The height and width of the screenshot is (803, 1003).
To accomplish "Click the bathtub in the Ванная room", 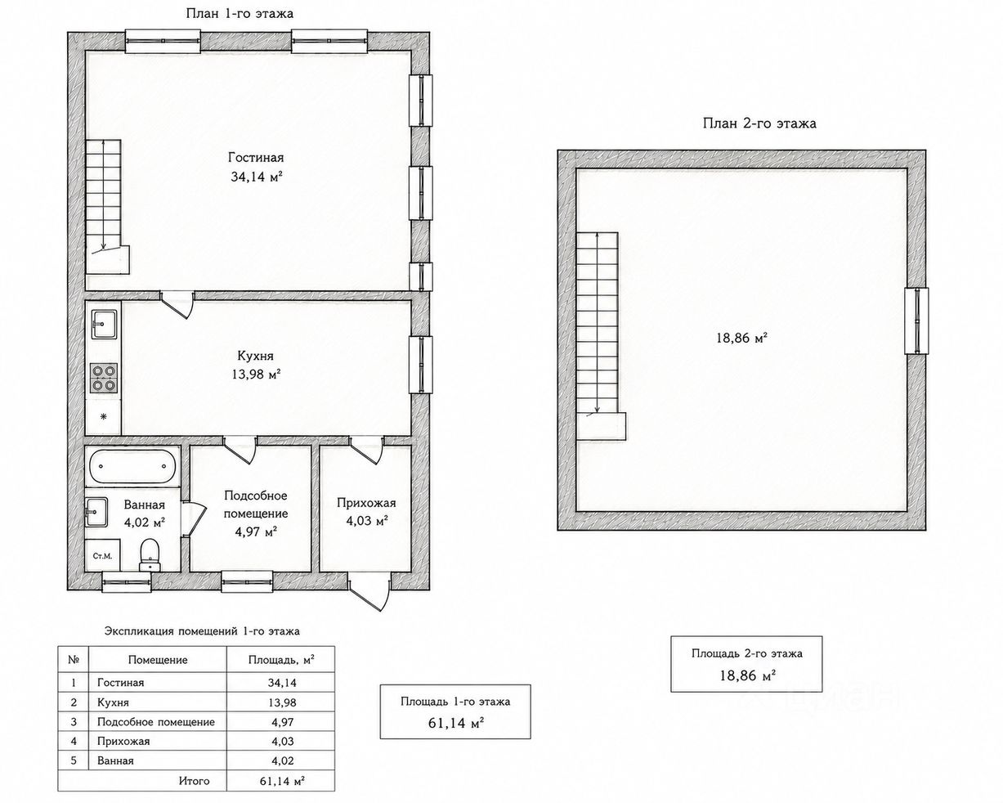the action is click(132, 466).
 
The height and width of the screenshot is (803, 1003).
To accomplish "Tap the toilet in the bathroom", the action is click(150, 554).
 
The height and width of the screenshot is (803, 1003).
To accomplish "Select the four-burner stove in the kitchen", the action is click(104, 378).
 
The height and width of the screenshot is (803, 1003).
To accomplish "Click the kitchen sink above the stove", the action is click(104, 324).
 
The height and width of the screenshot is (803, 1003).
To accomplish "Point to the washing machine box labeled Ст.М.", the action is click(102, 556).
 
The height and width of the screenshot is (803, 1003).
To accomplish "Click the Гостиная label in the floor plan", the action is click(256, 157).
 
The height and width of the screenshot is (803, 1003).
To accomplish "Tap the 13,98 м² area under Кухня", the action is click(256, 374).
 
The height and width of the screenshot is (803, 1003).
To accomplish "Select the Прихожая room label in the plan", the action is click(366, 503).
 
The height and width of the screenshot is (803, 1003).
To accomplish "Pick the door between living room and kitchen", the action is click(177, 304).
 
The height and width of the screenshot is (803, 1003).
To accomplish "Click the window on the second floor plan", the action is click(916, 321).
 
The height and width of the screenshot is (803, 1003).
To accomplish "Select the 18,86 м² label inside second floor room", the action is click(741, 338).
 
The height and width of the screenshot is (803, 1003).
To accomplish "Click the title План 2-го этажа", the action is click(759, 123).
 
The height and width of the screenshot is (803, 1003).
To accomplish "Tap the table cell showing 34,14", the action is click(282, 683).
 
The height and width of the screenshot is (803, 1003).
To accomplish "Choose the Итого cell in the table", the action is click(194, 781).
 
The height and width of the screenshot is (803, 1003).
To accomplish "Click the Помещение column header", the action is click(158, 660).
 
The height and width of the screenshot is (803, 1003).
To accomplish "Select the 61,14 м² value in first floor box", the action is click(455, 723).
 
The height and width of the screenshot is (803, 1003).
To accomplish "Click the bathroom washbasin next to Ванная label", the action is click(97, 512).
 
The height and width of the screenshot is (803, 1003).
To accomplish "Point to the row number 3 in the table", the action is click(74, 722).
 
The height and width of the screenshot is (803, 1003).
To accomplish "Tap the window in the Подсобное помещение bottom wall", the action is click(247, 581).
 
